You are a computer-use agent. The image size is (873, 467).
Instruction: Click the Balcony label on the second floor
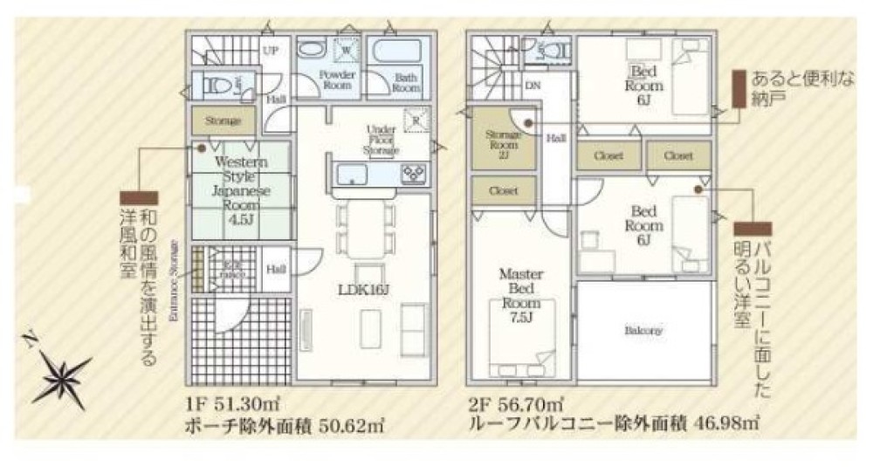click(x=643, y=331)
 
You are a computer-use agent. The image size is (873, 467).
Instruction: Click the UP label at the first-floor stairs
click(x=271, y=50)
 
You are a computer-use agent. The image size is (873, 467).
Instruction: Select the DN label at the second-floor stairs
click(x=532, y=85)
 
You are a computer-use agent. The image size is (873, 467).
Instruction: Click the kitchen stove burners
click(x=412, y=172)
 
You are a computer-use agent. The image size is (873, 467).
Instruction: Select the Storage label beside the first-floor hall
click(x=223, y=120)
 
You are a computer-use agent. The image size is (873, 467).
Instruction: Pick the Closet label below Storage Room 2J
click(x=504, y=189)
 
